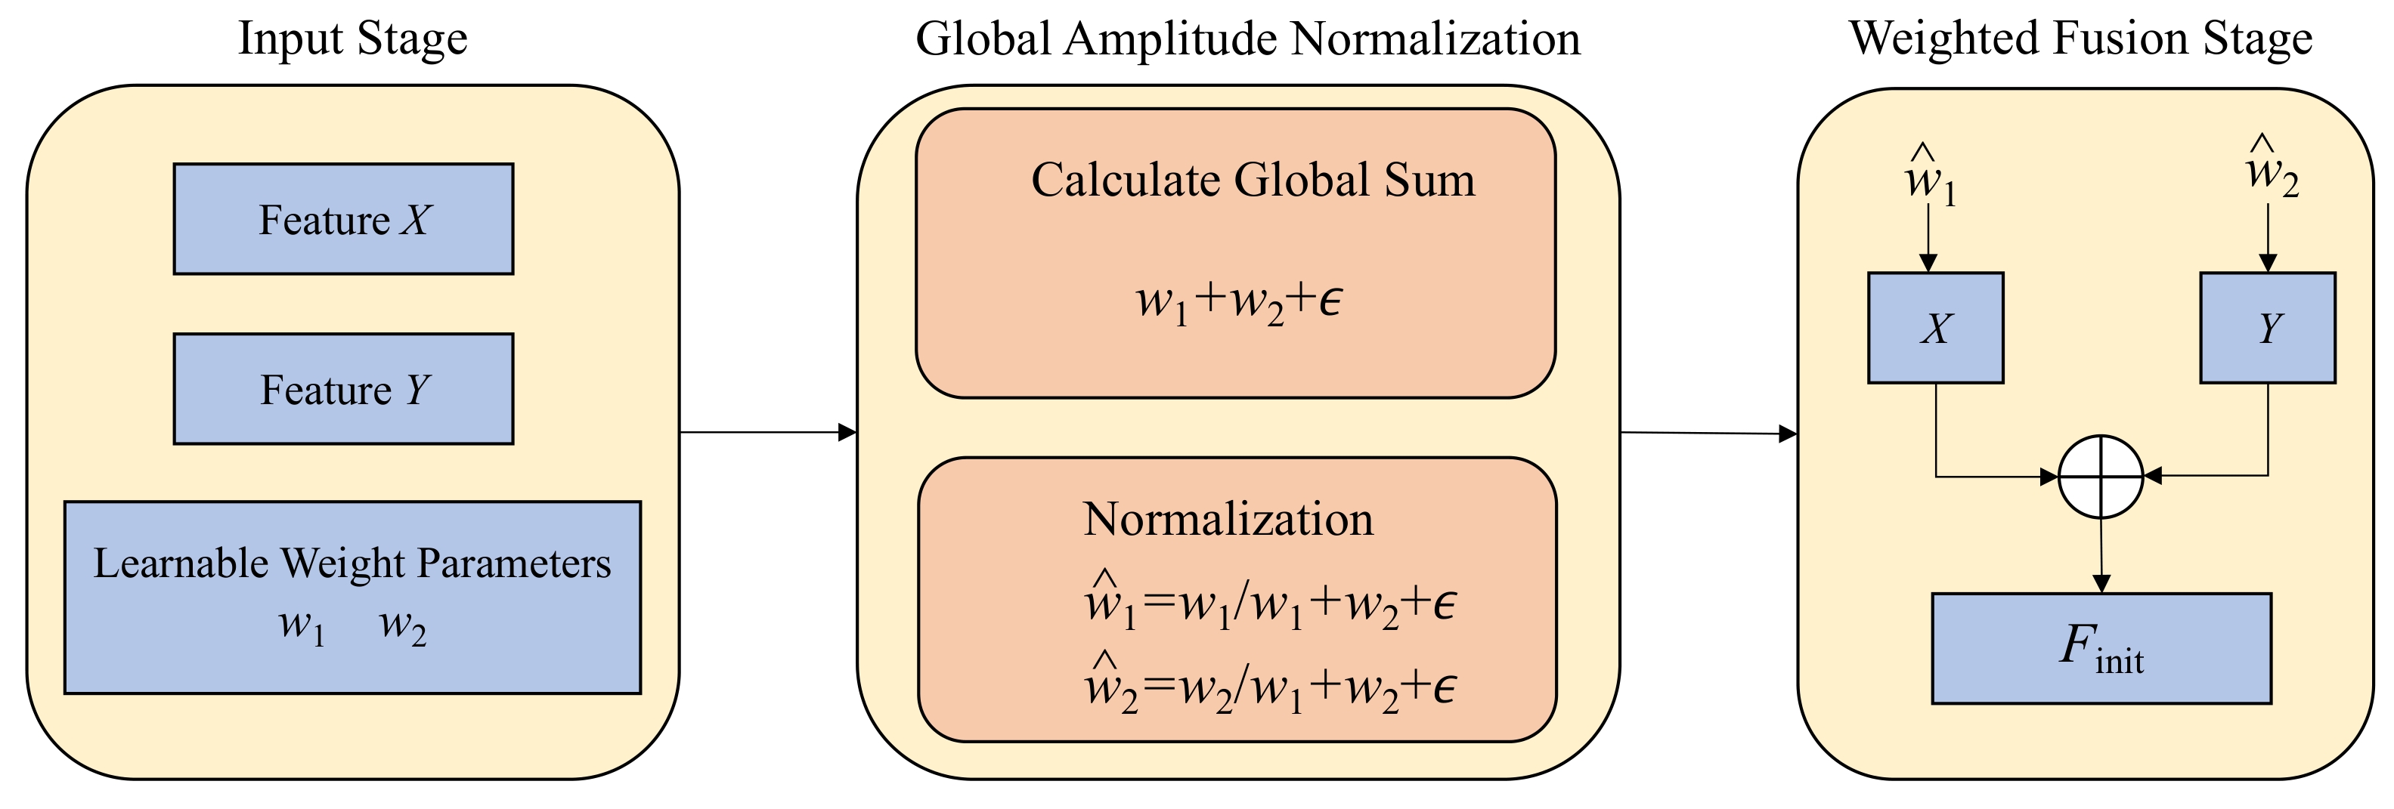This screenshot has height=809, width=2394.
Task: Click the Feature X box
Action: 343,219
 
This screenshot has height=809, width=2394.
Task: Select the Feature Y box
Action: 343,389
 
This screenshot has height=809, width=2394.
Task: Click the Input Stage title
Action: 352,39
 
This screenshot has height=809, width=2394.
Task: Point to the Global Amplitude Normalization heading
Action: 1247,39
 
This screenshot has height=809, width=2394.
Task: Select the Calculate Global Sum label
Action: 1253,181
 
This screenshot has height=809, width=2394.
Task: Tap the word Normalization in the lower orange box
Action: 1228,518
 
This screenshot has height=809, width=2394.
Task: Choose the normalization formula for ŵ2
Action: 1269,687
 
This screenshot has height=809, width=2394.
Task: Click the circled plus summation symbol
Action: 2101,477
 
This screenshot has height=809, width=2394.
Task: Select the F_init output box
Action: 2101,648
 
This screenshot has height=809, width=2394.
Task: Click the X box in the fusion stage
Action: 1936,328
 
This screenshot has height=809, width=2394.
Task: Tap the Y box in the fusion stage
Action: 2268,328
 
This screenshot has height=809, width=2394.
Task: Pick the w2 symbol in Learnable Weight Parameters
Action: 402,626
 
